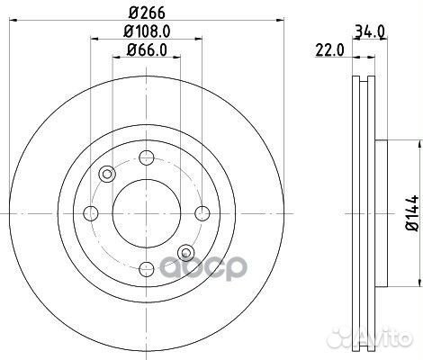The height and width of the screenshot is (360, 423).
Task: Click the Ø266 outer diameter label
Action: (145, 12)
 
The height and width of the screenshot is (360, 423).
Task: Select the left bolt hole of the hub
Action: (91, 213)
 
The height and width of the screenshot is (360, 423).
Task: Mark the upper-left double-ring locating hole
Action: (107, 175)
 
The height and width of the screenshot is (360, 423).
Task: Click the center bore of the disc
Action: (145, 213)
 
